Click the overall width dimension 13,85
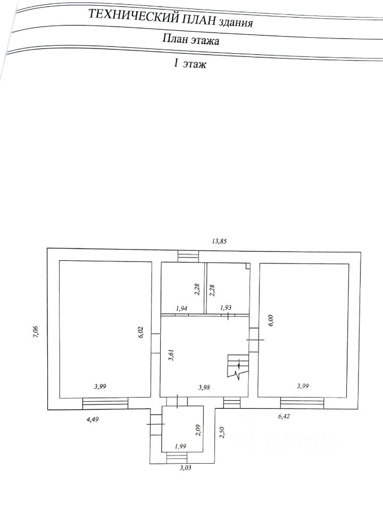coord(219,241)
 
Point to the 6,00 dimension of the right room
coord(270,322)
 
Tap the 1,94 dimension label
coord(182,308)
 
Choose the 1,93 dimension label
coord(226,308)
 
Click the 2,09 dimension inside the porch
coord(198,429)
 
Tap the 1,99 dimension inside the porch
coord(180,446)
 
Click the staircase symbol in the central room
coord(235,366)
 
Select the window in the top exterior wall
coord(187,256)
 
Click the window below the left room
coord(105,404)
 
